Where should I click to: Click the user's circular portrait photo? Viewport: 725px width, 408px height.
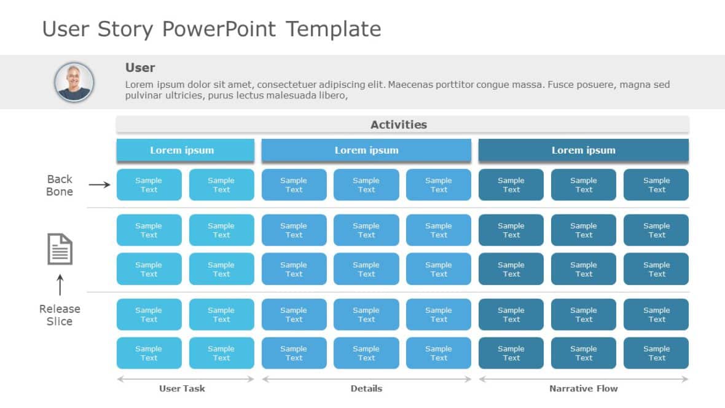tap(74, 82)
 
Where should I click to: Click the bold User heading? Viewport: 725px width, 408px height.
tap(140, 68)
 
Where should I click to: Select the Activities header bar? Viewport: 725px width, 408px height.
tap(402, 125)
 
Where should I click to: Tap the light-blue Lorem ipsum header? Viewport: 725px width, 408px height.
tap(185, 151)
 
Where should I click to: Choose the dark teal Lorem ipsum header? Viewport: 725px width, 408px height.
tap(583, 151)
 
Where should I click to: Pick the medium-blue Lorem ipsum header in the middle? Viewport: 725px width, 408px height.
tap(366, 151)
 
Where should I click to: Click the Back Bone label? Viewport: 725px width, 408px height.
tap(60, 185)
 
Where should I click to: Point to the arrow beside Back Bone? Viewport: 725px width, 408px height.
tap(99, 184)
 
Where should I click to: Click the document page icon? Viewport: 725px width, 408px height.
tap(60, 249)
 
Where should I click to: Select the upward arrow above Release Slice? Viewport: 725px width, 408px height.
tap(60, 285)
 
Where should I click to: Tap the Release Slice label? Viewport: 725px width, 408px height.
tap(60, 315)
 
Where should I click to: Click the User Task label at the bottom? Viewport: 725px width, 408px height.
tap(182, 388)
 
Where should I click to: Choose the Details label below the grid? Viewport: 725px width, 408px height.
tap(366, 388)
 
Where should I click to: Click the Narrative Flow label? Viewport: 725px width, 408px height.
tap(583, 388)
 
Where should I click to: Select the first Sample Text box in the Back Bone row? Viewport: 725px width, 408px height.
tap(149, 185)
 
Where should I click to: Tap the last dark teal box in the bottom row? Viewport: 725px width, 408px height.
tap(656, 353)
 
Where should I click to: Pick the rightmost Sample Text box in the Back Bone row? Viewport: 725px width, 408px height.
tap(656, 185)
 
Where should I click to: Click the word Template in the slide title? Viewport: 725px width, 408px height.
tap(334, 29)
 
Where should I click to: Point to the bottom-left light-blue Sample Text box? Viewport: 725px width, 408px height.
tap(149, 353)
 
